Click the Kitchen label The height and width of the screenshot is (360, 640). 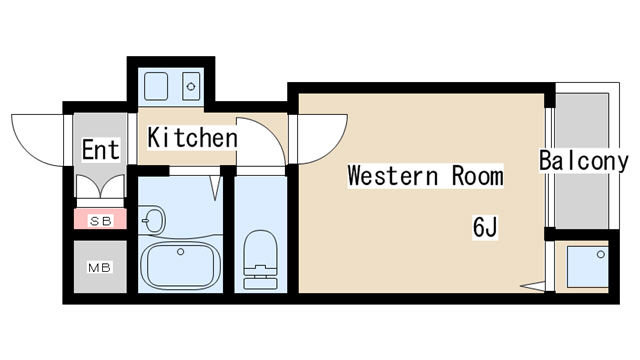point(192,138)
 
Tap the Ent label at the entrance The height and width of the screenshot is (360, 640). point(101,150)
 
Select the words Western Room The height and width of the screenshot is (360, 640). point(425,176)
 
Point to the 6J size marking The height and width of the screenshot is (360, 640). point(485,227)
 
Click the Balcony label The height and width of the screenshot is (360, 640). point(584,161)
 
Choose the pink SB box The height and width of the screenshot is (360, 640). point(100,219)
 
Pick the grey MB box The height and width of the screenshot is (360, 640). point(100,267)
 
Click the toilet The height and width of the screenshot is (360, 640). point(260,260)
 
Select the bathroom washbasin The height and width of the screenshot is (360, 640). point(152,220)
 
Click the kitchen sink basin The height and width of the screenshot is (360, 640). point(156,86)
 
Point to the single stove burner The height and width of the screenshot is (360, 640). point(191,86)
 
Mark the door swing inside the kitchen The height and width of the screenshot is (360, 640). point(270,132)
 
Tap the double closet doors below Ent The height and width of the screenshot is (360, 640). point(100,187)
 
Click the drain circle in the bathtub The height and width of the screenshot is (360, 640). point(180,252)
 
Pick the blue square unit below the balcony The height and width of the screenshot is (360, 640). point(587,267)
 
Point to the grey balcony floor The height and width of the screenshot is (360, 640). point(582,161)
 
